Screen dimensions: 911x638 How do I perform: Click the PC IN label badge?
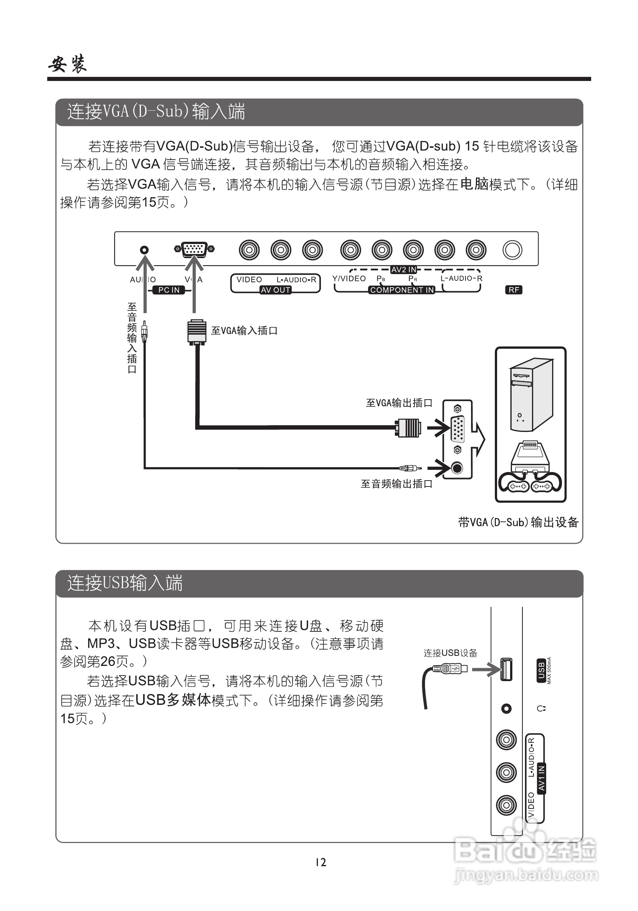[x=169, y=290]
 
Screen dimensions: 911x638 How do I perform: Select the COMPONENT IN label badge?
[x=402, y=290]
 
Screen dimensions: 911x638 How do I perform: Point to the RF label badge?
[x=514, y=290]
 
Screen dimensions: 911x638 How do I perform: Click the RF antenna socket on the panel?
[x=512, y=250]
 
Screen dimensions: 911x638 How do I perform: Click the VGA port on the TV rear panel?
[x=194, y=249]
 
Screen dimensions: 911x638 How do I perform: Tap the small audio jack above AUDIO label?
[x=144, y=250]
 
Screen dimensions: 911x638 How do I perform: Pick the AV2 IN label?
[x=404, y=270]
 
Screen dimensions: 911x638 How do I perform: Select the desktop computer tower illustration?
[x=531, y=394]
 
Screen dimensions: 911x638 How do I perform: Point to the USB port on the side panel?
[x=506, y=669]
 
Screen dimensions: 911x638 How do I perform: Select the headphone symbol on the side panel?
[x=541, y=708]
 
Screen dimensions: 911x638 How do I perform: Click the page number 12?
[x=320, y=862]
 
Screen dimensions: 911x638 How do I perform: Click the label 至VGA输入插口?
[x=244, y=331]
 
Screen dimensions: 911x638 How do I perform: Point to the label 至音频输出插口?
[x=396, y=484]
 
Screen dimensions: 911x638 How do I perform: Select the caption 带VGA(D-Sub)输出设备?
[x=518, y=522]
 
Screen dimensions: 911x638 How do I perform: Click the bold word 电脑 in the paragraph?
[x=474, y=184]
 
